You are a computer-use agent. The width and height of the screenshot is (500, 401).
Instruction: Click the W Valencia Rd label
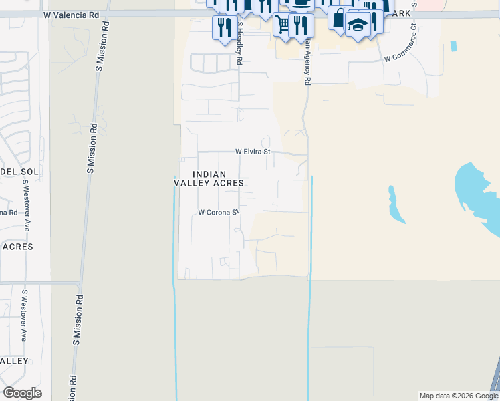click(74, 14)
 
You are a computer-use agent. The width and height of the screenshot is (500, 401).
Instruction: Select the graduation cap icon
click(358, 25)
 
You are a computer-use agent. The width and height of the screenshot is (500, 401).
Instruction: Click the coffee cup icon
click(302, 3)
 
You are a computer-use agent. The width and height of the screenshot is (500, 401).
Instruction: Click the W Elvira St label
click(253, 152)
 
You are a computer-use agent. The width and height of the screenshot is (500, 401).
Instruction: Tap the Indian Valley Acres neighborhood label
click(209, 178)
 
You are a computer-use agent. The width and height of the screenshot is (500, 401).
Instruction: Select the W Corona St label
click(218, 213)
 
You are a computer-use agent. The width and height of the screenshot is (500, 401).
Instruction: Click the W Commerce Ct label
click(408, 47)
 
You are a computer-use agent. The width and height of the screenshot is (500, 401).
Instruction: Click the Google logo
click(22, 392)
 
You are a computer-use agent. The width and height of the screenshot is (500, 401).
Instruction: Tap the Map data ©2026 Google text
click(459, 396)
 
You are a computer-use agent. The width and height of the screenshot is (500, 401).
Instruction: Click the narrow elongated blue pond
click(396, 205)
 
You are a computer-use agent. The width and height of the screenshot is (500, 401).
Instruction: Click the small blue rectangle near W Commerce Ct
click(455, 47)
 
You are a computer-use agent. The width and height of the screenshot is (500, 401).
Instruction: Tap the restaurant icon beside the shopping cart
click(301, 25)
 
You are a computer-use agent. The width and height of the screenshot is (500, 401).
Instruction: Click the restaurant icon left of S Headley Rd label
click(223, 27)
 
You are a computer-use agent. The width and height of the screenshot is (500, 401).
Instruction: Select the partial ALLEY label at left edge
click(14, 361)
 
